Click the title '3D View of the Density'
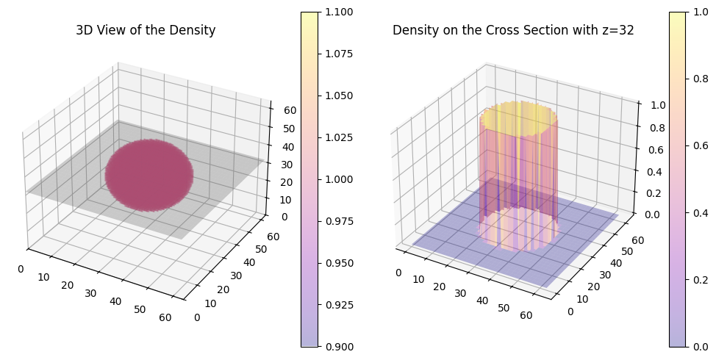146,31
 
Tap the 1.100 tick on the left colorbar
340,12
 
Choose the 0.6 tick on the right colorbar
699,145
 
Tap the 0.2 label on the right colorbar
699,280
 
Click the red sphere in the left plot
148,175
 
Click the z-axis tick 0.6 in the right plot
646,151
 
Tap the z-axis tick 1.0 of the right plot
646,105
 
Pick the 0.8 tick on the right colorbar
699,79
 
